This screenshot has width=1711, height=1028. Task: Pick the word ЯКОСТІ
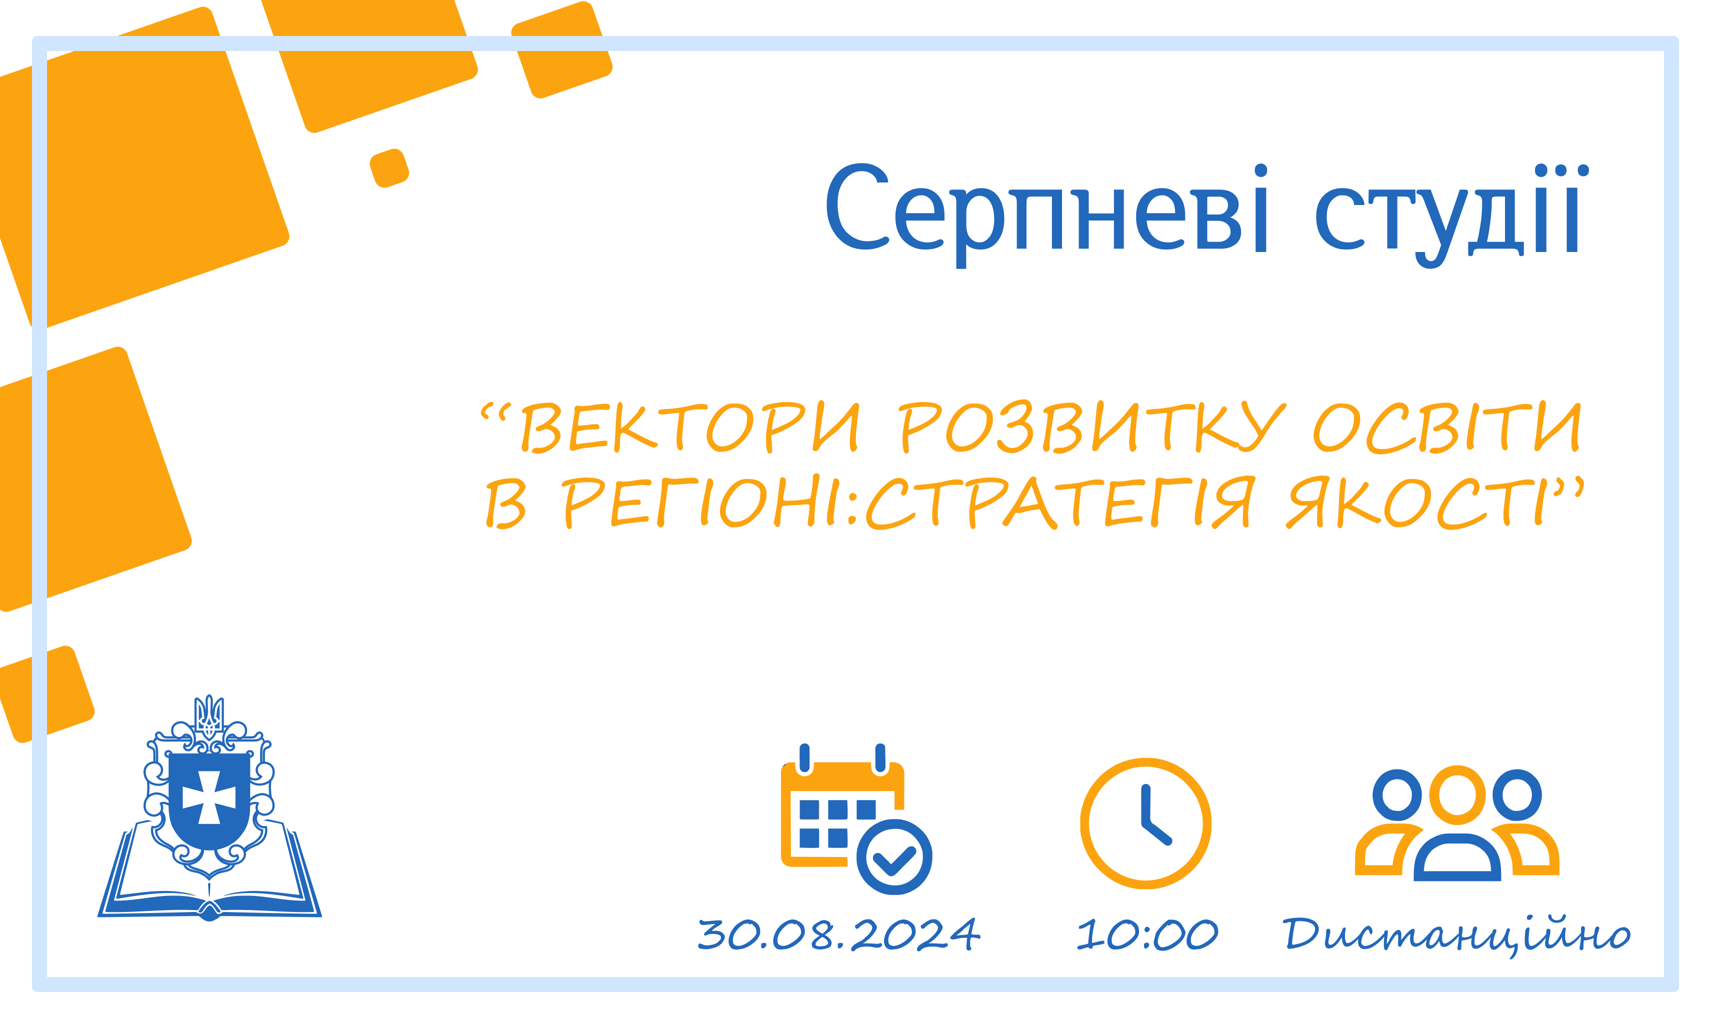tap(1427, 501)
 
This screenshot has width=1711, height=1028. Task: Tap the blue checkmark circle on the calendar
tap(894, 857)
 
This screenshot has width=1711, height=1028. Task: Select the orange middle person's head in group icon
tap(1457, 794)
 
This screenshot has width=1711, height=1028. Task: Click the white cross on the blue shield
tap(208, 796)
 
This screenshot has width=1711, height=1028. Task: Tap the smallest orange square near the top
tap(389, 167)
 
